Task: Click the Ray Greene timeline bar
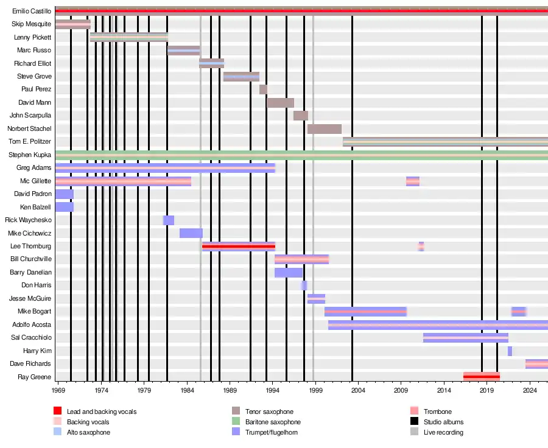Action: [x=482, y=377]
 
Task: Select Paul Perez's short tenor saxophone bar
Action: [x=263, y=89]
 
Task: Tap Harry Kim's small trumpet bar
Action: [x=510, y=351]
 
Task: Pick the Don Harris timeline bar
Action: [x=304, y=285]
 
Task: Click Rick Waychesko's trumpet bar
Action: [x=169, y=220]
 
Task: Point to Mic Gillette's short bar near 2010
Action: [x=413, y=181]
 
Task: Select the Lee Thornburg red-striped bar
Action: [x=239, y=247]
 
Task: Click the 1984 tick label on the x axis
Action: [x=187, y=390]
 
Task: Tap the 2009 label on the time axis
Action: [x=401, y=390]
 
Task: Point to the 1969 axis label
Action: [x=58, y=390]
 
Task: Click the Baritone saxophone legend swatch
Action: [x=236, y=421]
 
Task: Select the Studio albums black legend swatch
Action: [x=415, y=421]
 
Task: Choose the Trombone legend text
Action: [x=438, y=411]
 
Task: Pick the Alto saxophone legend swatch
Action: [x=58, y=432]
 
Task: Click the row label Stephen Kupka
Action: [x=30, y=155]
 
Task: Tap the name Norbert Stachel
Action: [x=29, y=128]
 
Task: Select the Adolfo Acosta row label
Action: [x=32, y=324]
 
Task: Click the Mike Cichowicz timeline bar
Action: [x=191, y=233]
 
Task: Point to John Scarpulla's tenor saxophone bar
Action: [x=301, y=116]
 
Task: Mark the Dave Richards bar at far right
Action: [x=536, y=364]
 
